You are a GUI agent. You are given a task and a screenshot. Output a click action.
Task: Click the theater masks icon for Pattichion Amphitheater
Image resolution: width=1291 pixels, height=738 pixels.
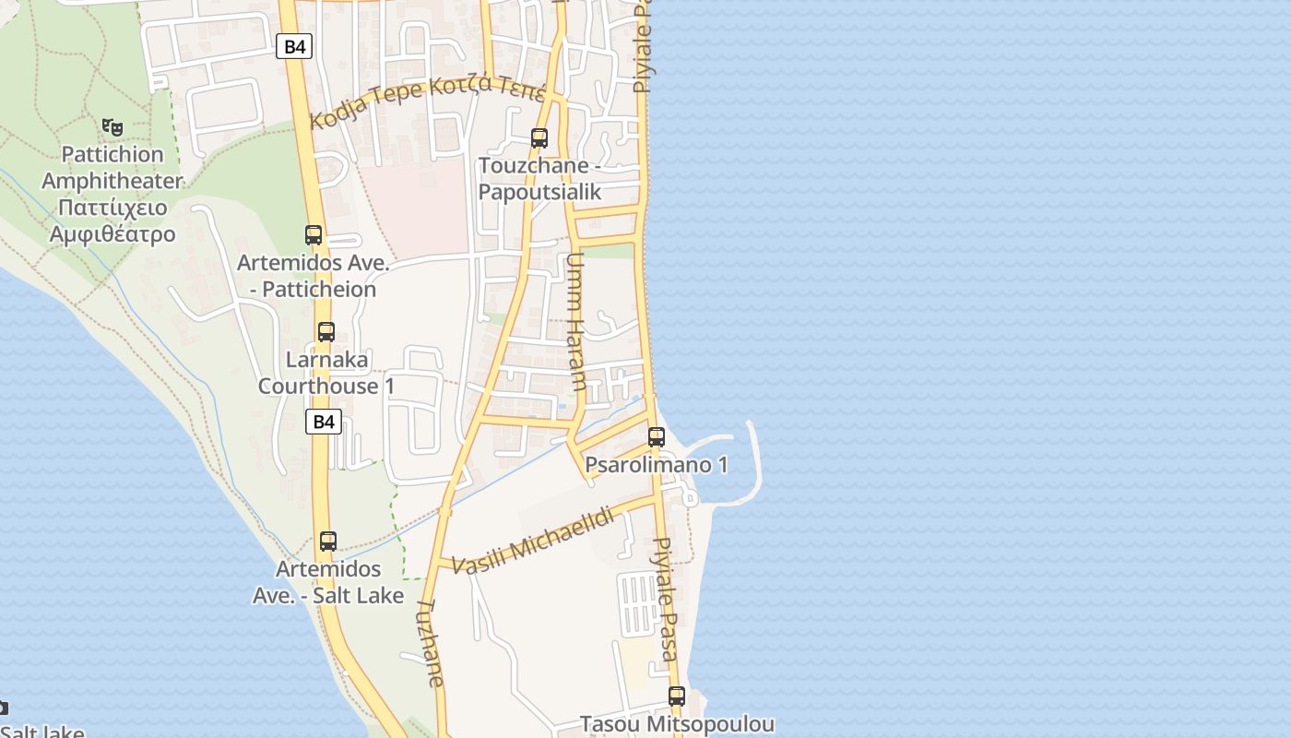point(113,126)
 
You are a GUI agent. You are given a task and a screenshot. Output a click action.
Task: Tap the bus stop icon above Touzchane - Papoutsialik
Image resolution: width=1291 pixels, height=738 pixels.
point(539,138)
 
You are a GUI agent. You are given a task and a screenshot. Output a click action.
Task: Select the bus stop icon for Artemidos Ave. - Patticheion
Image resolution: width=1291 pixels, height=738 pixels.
point(314,235)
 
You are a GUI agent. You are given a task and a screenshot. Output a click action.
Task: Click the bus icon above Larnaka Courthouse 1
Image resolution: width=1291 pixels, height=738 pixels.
point(326,332)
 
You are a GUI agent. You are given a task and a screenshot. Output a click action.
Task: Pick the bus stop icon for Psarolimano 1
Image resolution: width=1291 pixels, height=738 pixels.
point(657,436)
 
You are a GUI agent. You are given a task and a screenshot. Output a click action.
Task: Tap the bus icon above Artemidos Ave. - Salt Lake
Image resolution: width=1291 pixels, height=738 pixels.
point(328,542)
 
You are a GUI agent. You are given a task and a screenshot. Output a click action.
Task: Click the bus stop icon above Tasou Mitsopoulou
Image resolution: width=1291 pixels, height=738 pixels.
point(677,696)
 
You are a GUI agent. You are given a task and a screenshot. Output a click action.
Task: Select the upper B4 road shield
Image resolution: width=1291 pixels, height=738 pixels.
point(294,46)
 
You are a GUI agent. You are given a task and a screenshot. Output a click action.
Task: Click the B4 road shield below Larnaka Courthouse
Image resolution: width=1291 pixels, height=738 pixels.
point(323,422)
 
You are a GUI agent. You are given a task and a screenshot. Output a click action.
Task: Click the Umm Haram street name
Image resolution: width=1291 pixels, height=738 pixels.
point(574,322)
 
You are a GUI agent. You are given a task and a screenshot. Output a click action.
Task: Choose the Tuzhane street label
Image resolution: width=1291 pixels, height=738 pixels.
point(430,643)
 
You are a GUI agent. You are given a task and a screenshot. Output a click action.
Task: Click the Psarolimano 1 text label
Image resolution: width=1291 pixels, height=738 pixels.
point(657,464)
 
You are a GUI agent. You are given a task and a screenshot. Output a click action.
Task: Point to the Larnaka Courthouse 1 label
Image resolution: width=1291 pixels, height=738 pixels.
point(326,373)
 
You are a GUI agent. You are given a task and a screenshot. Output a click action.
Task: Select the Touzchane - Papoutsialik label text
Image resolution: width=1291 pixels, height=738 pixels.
point(539,179)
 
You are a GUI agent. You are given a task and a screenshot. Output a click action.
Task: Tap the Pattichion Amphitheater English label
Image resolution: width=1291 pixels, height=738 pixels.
point(113,167)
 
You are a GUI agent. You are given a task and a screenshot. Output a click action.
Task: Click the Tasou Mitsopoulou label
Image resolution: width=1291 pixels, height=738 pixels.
point(677,724)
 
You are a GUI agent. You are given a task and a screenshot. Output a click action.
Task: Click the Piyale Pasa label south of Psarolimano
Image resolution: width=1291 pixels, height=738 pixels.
point(666,598)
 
